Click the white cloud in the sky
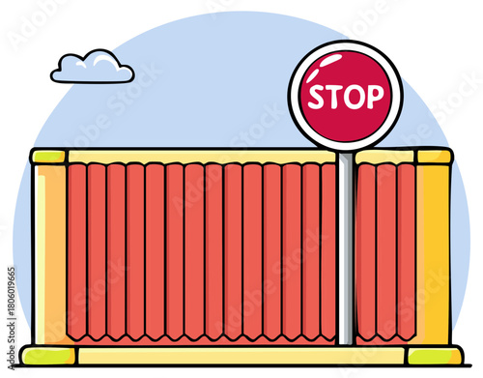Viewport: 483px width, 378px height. pos(92,68)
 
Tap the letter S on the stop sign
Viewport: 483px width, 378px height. pos(316,96)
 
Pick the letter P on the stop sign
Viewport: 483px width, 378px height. pos(374,96)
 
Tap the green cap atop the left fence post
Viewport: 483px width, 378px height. pos(47,156)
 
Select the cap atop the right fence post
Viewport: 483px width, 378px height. pos(434,156)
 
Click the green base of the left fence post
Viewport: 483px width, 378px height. pos(48,355)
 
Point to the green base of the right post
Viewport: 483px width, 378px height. pos(434,355)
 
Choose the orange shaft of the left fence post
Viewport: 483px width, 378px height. pos(48,251)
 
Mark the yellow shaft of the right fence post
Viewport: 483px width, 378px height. pos(434,251)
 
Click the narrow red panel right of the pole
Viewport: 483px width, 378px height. pos(384,251)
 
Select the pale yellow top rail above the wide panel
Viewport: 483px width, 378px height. pos(193,156)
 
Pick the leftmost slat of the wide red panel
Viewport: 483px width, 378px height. pos(77,251)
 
